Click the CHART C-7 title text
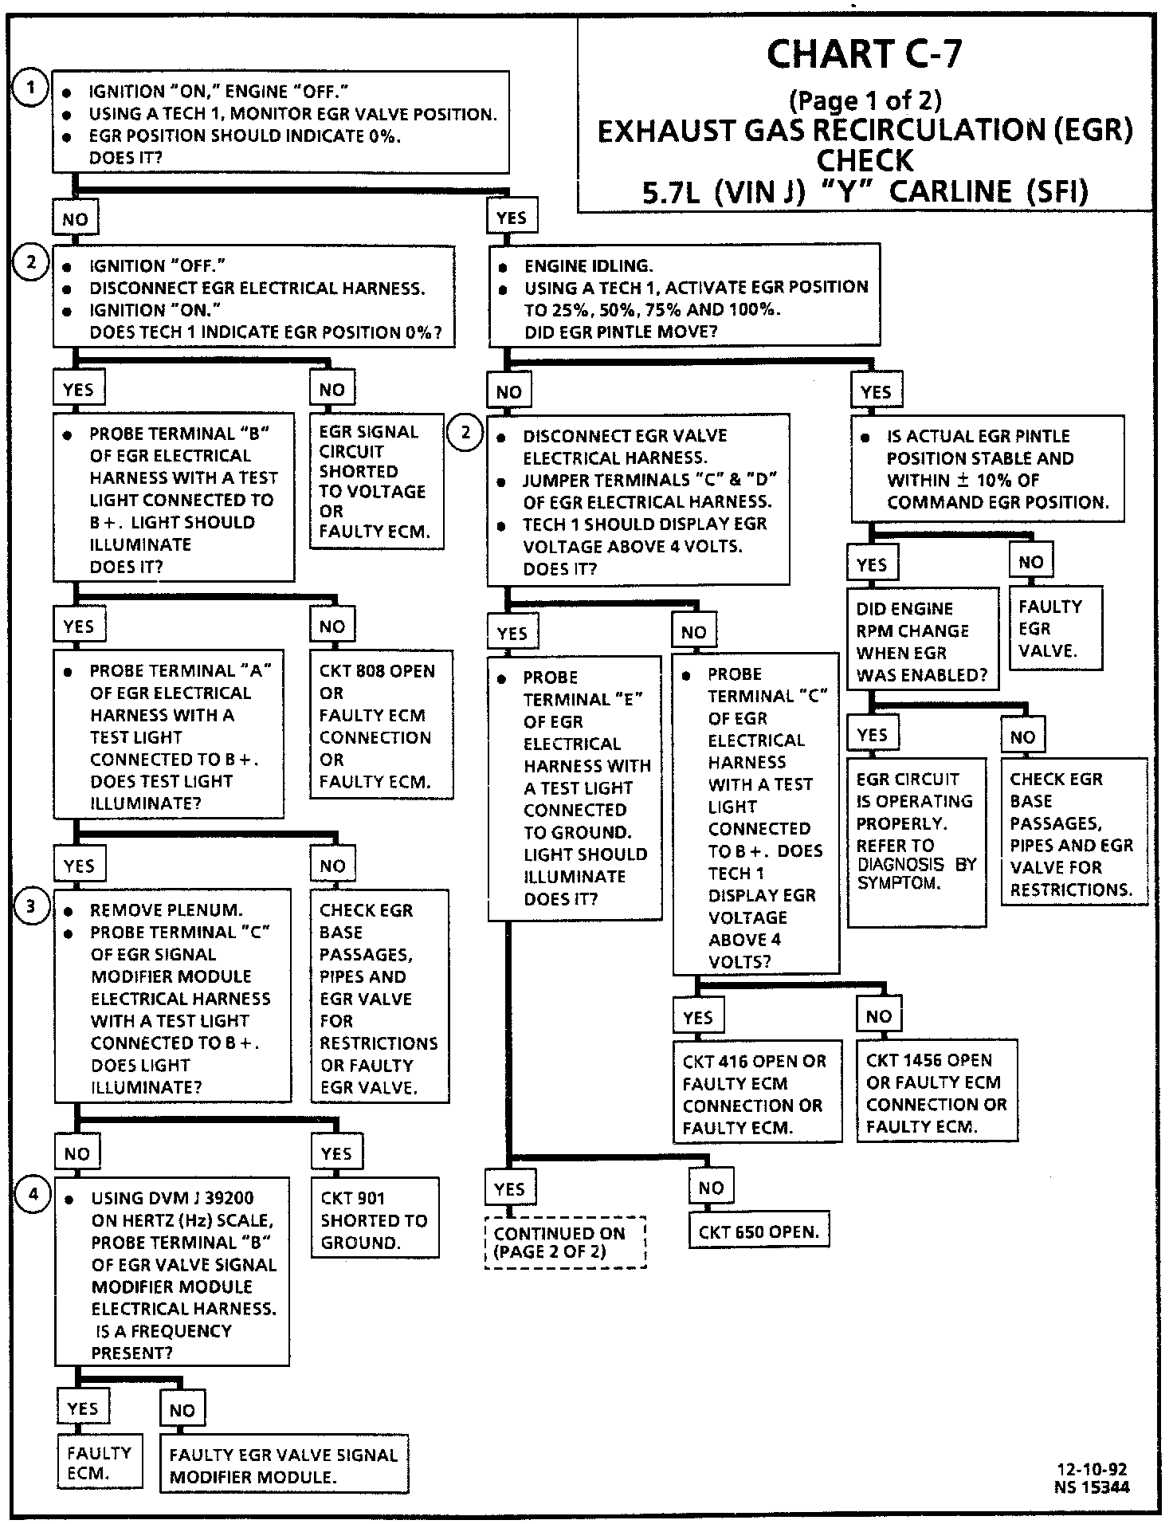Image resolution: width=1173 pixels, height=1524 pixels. point(864,54)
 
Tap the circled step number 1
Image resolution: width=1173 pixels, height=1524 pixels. point(31,88)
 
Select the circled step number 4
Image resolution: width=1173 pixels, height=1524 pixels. point(33,1193)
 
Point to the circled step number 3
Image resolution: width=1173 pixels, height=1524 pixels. point(31,906)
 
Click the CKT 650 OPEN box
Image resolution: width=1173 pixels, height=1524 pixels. point(758,1232)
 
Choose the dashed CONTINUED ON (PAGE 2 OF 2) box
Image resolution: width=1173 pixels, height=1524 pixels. point(565,1242)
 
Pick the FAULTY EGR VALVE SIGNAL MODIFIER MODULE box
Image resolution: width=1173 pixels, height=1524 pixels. point(284,1465)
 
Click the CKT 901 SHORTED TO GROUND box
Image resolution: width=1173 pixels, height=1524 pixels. point(375,1220)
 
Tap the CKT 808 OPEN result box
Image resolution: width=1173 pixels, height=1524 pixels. point(381,725)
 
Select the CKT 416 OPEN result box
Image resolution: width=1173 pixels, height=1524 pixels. point(756,1093)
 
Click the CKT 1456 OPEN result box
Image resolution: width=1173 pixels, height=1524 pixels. point(936,1092)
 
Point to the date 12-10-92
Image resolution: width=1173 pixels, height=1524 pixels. point(1092,1470)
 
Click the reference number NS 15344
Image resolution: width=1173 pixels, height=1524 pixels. point(1092,1487)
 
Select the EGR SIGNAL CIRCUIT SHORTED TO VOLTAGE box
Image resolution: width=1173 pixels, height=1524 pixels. point(376,481)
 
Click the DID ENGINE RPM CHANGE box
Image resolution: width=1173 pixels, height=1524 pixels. point(922,641)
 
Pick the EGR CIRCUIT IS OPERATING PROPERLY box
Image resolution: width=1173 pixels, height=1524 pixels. point(916,847)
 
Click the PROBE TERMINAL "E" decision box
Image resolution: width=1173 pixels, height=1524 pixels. point(574,788)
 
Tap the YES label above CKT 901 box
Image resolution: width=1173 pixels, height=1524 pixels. point(336,1153)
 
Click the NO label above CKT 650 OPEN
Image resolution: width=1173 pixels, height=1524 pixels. point(711,1188)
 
